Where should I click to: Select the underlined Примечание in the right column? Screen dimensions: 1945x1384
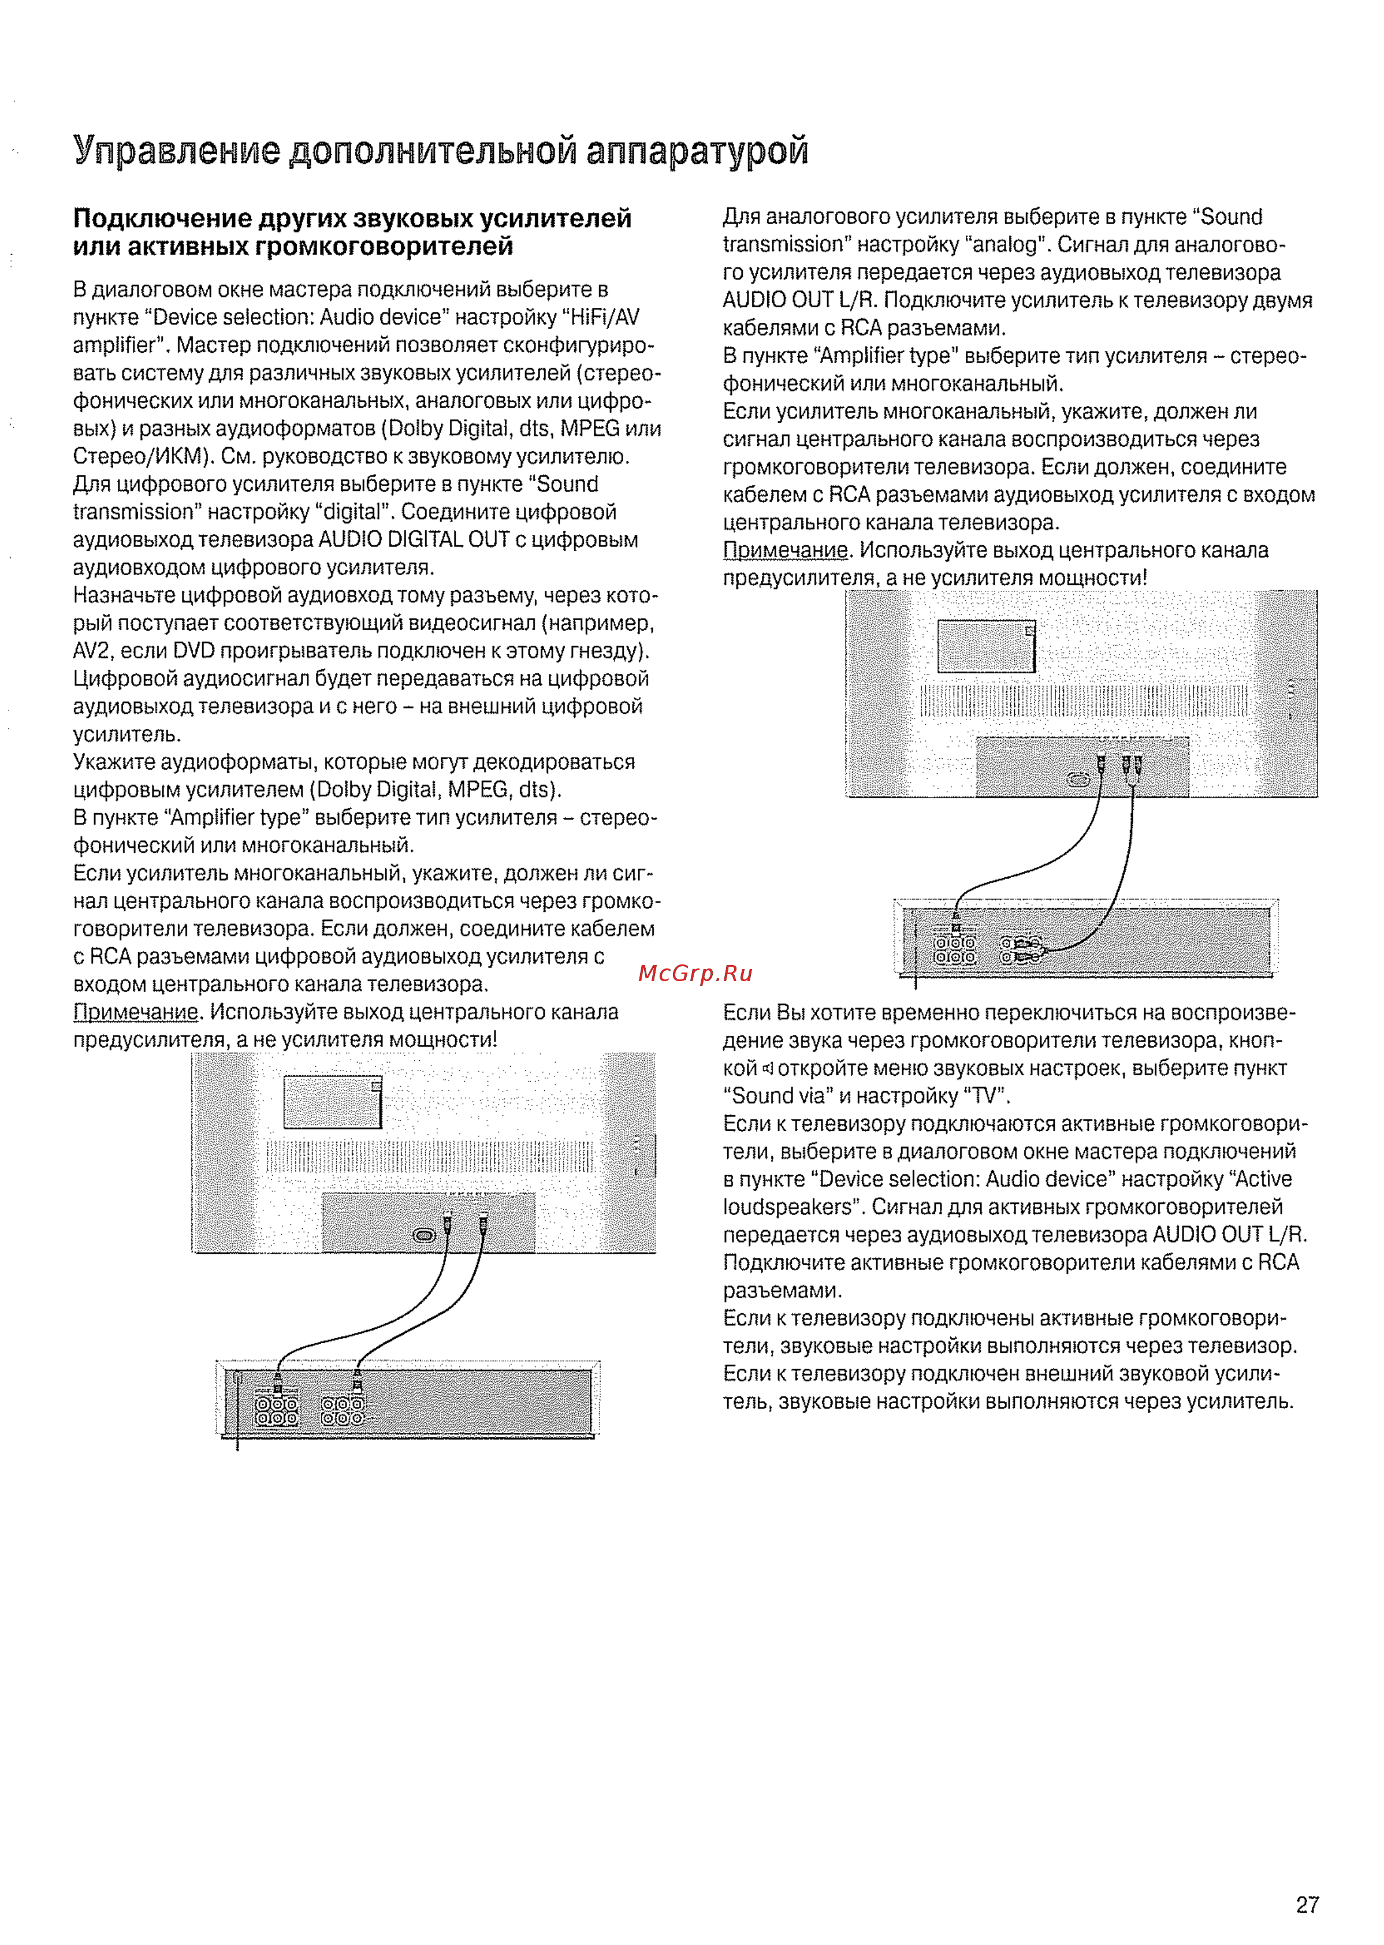coord(786,550)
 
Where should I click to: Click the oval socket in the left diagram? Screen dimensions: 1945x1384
coord(423,1235)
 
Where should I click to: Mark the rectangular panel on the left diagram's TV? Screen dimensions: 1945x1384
coord(332,1102)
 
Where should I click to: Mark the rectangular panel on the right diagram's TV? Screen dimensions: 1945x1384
coord(986,645)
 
